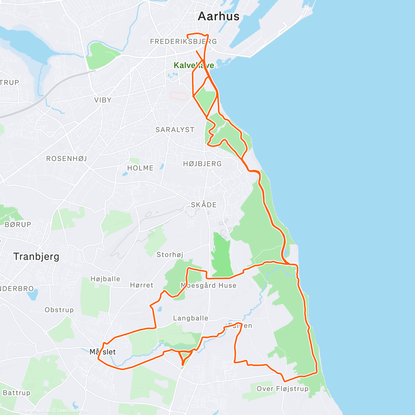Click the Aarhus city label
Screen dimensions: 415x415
[x=219, y=16]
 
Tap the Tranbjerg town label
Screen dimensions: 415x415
[x=36, y=257]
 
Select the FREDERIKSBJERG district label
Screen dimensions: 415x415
[x=183, y=41]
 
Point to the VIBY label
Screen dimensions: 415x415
[x=103, y=100]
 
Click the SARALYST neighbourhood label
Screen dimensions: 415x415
[x=175, y=130]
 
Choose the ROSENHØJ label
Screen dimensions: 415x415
[x=67, y=159]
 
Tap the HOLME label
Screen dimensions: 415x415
[x=140, y=168]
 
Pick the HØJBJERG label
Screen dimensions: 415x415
[x=202, y=164]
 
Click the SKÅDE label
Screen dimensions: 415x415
[x=204, y=205]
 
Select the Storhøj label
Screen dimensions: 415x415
[x=170, y=255]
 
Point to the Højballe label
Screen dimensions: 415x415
[x=105, y=279]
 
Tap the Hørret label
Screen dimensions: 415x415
[x=141, y=285]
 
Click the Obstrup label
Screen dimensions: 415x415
[x=59, y=310]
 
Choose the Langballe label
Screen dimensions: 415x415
[x=191, y=318]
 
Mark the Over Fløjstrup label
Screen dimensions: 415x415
[x=282, y=389]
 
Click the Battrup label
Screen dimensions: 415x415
[x=17, y=393]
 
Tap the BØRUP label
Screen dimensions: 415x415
[x=18, y=224]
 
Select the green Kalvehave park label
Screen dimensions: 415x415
[x=194, y=65]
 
